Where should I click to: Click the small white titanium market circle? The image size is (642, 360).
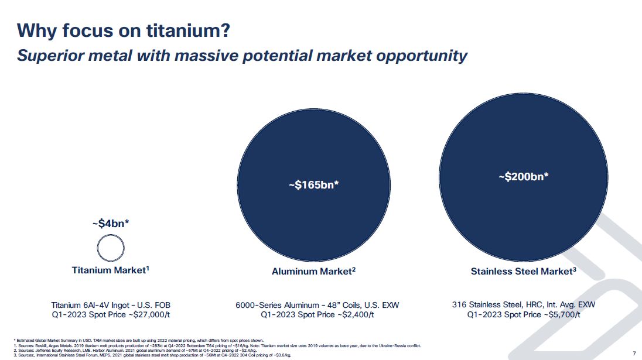pos(111,249)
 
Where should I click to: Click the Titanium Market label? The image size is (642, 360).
pos(111,270)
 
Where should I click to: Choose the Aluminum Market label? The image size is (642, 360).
pos(313,272)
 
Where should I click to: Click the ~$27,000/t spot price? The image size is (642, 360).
pos(138,315)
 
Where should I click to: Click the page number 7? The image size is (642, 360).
pos(634,353)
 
